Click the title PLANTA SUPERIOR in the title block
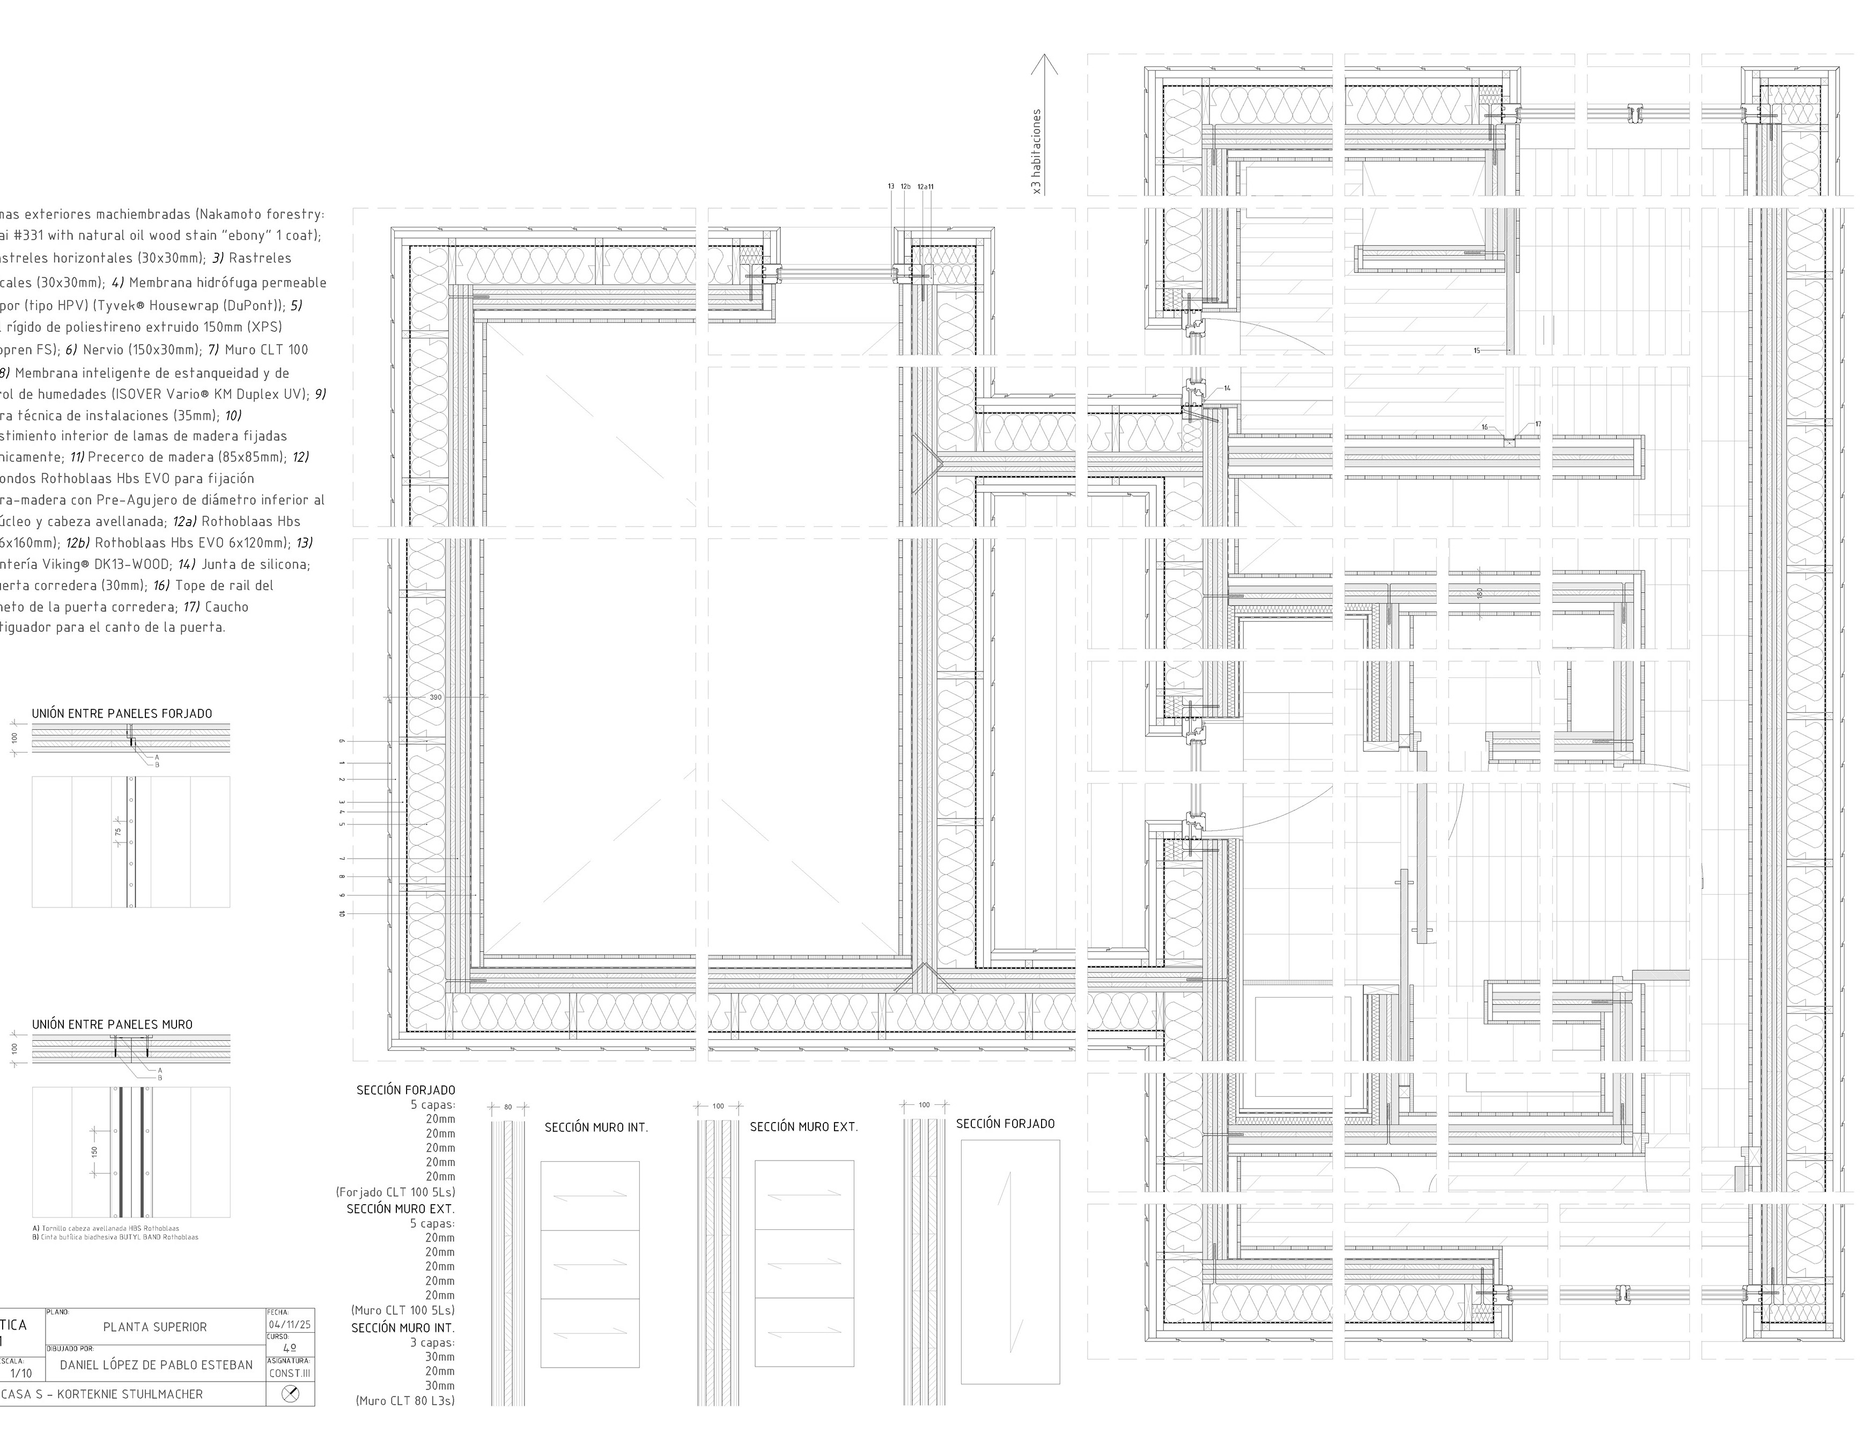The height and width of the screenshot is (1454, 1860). (155, 1327)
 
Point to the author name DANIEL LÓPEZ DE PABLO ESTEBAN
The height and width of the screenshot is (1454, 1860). (156, 1364)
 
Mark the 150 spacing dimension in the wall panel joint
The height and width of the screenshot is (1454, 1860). (94, 1152)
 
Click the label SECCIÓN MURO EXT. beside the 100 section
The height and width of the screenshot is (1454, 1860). (803, 1127)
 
